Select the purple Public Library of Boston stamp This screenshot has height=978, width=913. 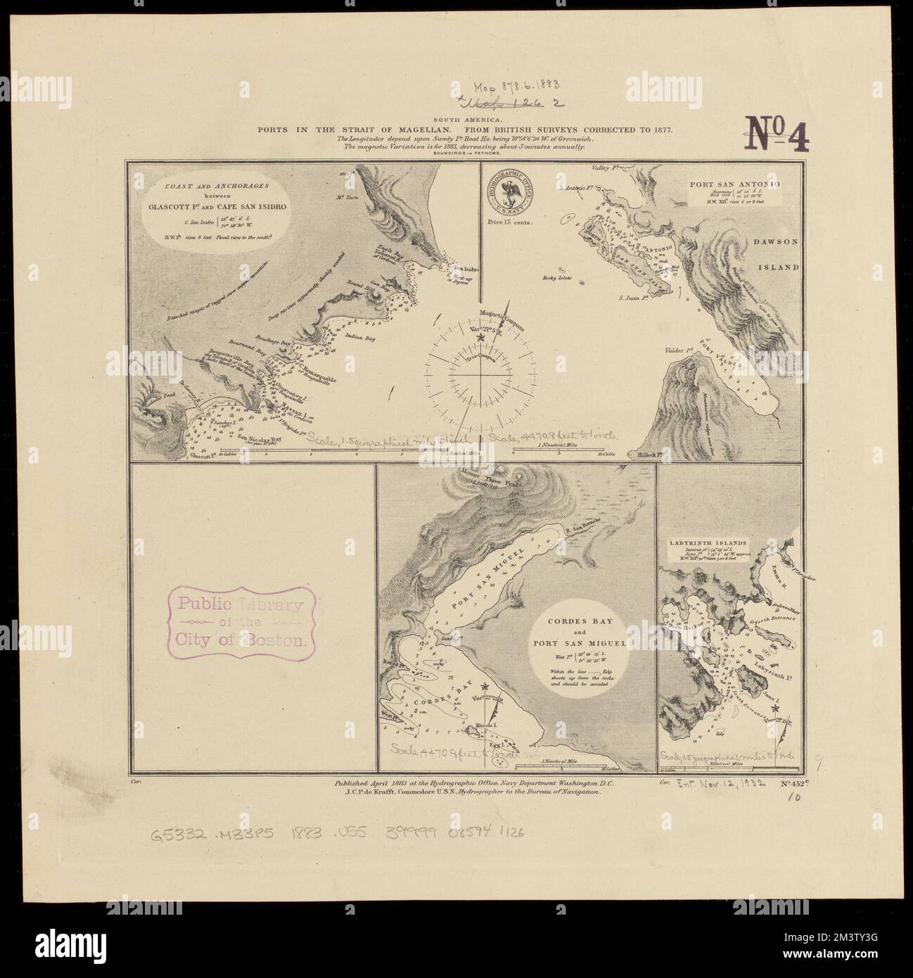pos(240,622)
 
